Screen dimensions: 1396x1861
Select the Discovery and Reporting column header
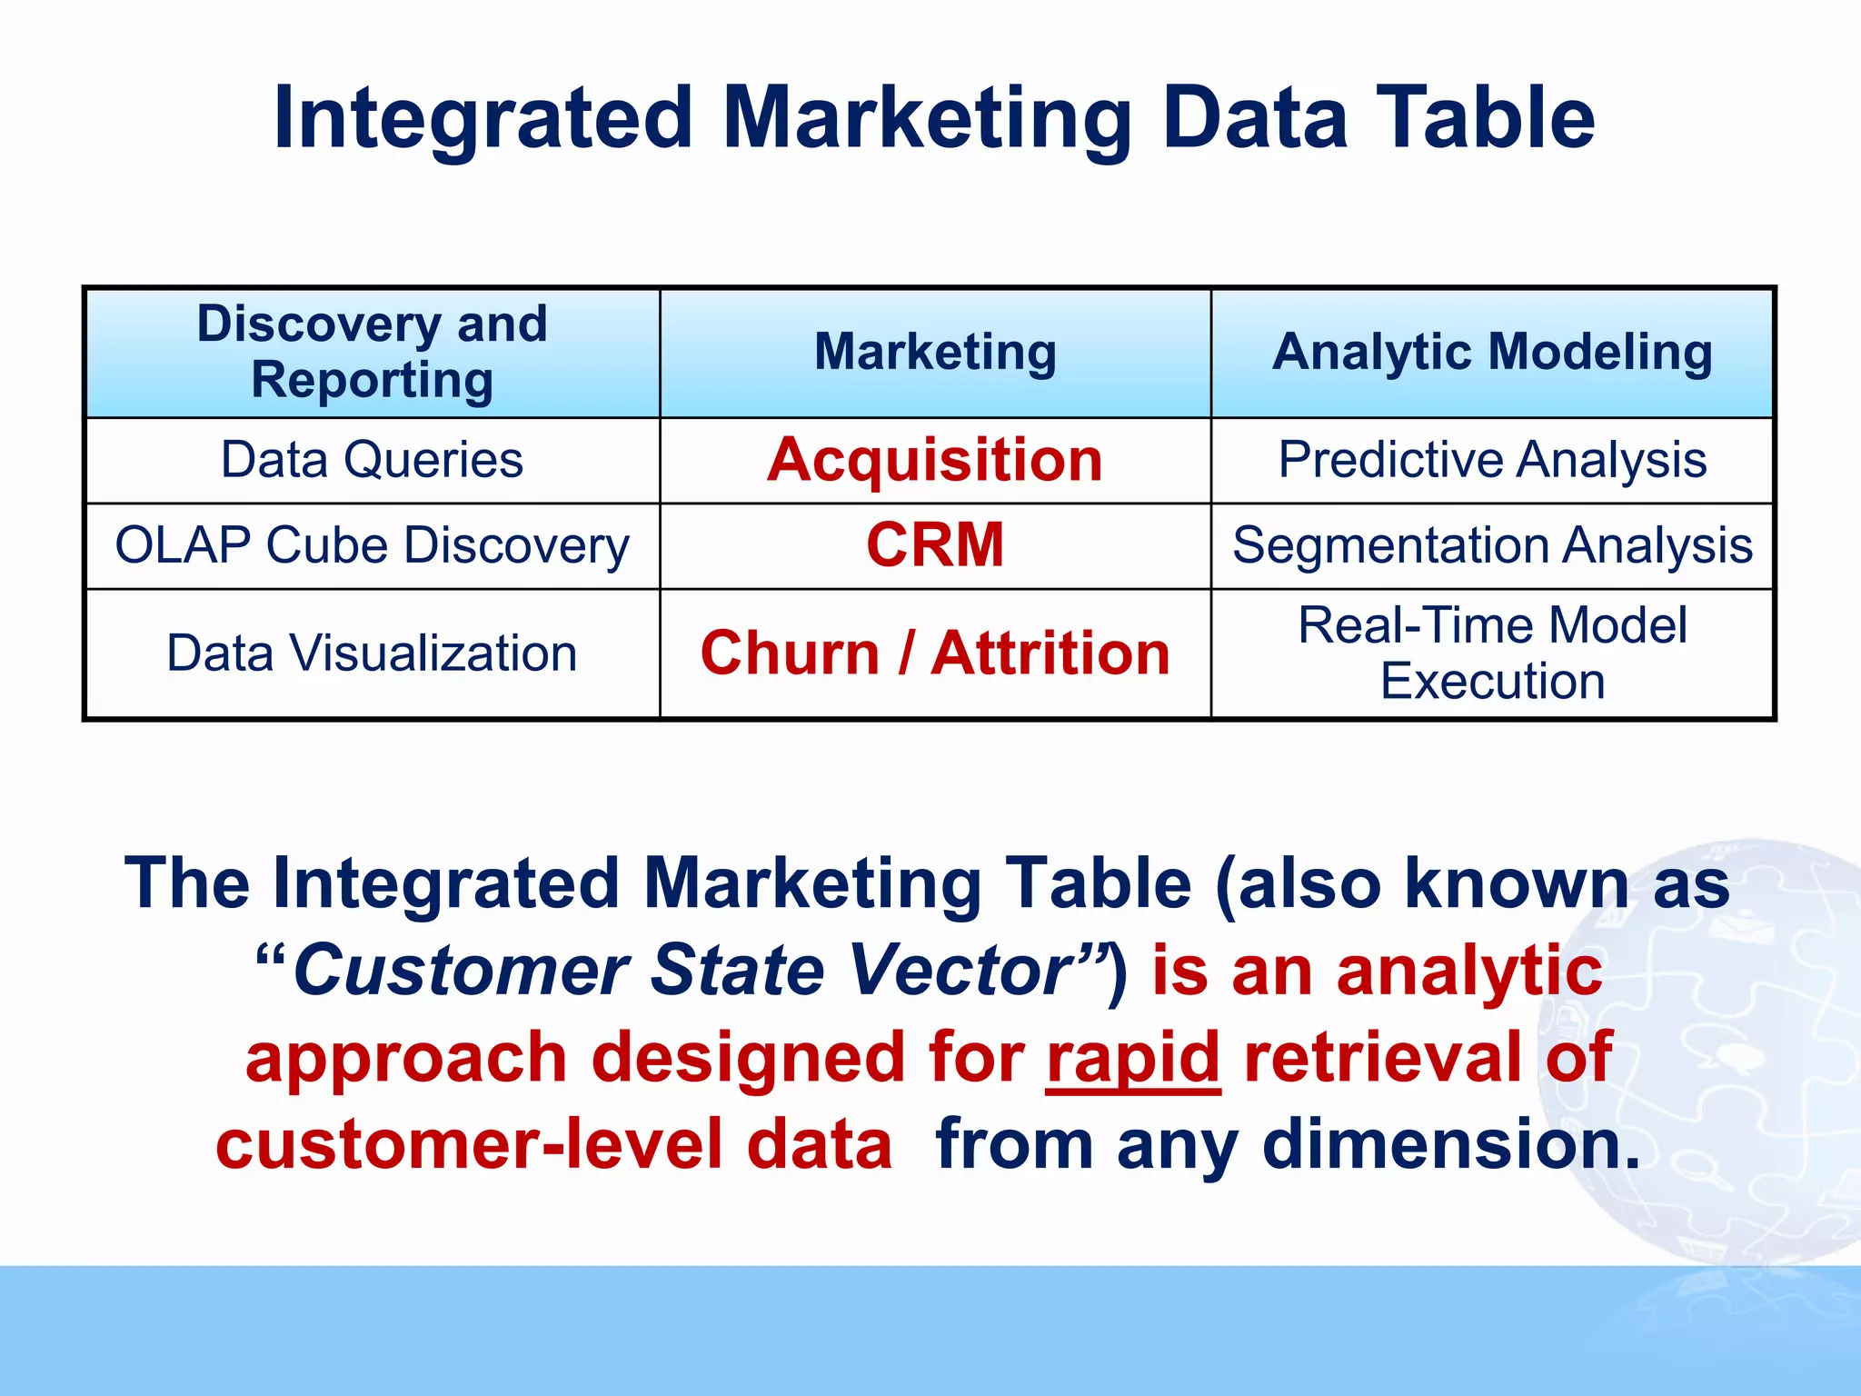pyautogui.click(x=372, y=352)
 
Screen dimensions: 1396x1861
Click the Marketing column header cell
pyautogui.click(x=935, y=352)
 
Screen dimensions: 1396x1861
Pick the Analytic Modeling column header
pyautogui.click(x=1492, y=352)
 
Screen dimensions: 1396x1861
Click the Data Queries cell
pyautogui.click(x=372, y=460)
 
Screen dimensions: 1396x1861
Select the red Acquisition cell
pyautogui.click(x=935, y=460)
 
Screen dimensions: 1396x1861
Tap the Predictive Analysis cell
pyautogui.click(x=1492, y=460)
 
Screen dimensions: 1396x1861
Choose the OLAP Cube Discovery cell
pyautogui.click(x=372, y=545)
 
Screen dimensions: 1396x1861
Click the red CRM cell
pyautogui.click(x=935, y=545)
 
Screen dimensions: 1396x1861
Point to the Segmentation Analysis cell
pyautogui.click(x=1492, y=545)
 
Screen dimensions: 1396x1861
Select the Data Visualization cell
pyautogui.click(x=372, y=653)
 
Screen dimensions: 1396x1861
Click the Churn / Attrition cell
pyautogui.click(x=935, y=653)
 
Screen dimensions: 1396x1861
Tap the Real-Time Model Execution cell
pyautogui.click(x=1492, y=653)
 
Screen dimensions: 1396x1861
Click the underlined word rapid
pyautogui.click(x=1132, y=1059)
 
